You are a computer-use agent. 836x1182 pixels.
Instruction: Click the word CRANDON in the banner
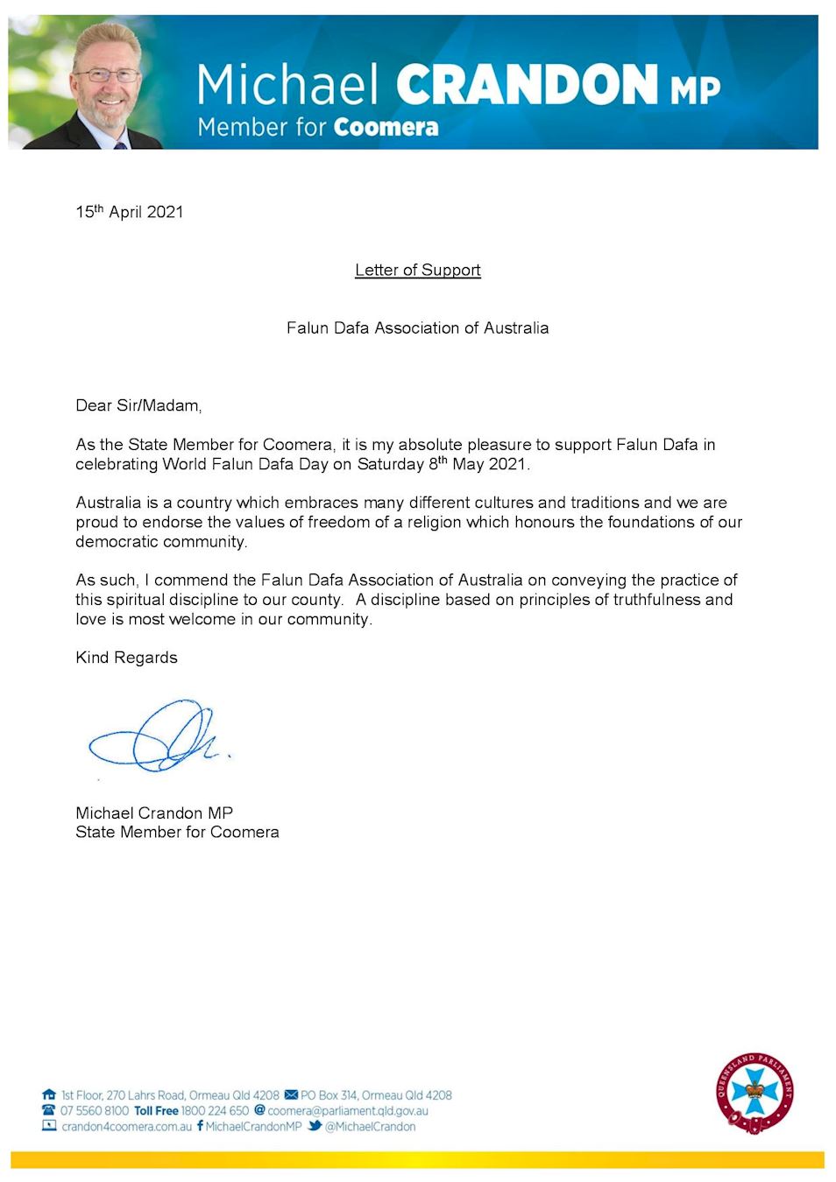point(527,85)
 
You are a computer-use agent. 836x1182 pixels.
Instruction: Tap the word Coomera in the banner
point(386,128)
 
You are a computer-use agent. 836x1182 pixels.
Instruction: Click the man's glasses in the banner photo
point(108,75)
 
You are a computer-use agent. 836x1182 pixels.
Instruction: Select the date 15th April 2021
point(130,212)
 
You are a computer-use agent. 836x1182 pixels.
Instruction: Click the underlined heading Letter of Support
point(418,271)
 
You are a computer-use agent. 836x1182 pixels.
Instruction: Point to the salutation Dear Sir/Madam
point(138,405)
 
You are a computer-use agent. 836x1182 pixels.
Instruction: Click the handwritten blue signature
point(158,737)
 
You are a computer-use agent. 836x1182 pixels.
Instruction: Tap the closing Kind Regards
point(126,658)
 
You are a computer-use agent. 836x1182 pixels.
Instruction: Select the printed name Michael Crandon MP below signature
point(154,813)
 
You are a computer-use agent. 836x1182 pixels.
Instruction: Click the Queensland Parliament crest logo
point(755,1092)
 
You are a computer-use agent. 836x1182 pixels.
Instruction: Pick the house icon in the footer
point(49,1094)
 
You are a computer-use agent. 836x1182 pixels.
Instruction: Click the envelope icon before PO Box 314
point(291,1094)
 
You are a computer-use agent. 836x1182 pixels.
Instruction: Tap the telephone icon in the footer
point(49,1110)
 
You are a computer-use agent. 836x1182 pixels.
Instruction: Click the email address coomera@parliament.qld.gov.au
point(348,1110)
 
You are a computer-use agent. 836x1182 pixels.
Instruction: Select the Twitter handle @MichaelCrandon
point(370,1127)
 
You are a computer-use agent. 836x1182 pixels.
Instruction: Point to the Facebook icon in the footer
point(200,1126)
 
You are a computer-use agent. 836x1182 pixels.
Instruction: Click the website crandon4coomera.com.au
point(126,1127)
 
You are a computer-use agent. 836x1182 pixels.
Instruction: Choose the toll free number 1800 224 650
point(215,1110)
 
